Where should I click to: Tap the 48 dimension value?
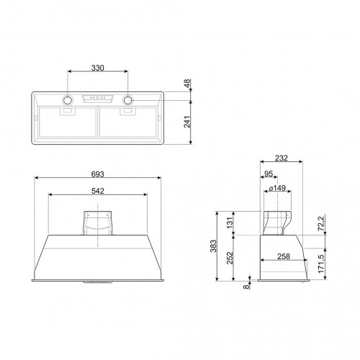click(188, 84)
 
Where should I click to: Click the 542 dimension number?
click(99, 192)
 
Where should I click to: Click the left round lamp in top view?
click(68, 99)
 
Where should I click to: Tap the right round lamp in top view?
click(130, 99)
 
